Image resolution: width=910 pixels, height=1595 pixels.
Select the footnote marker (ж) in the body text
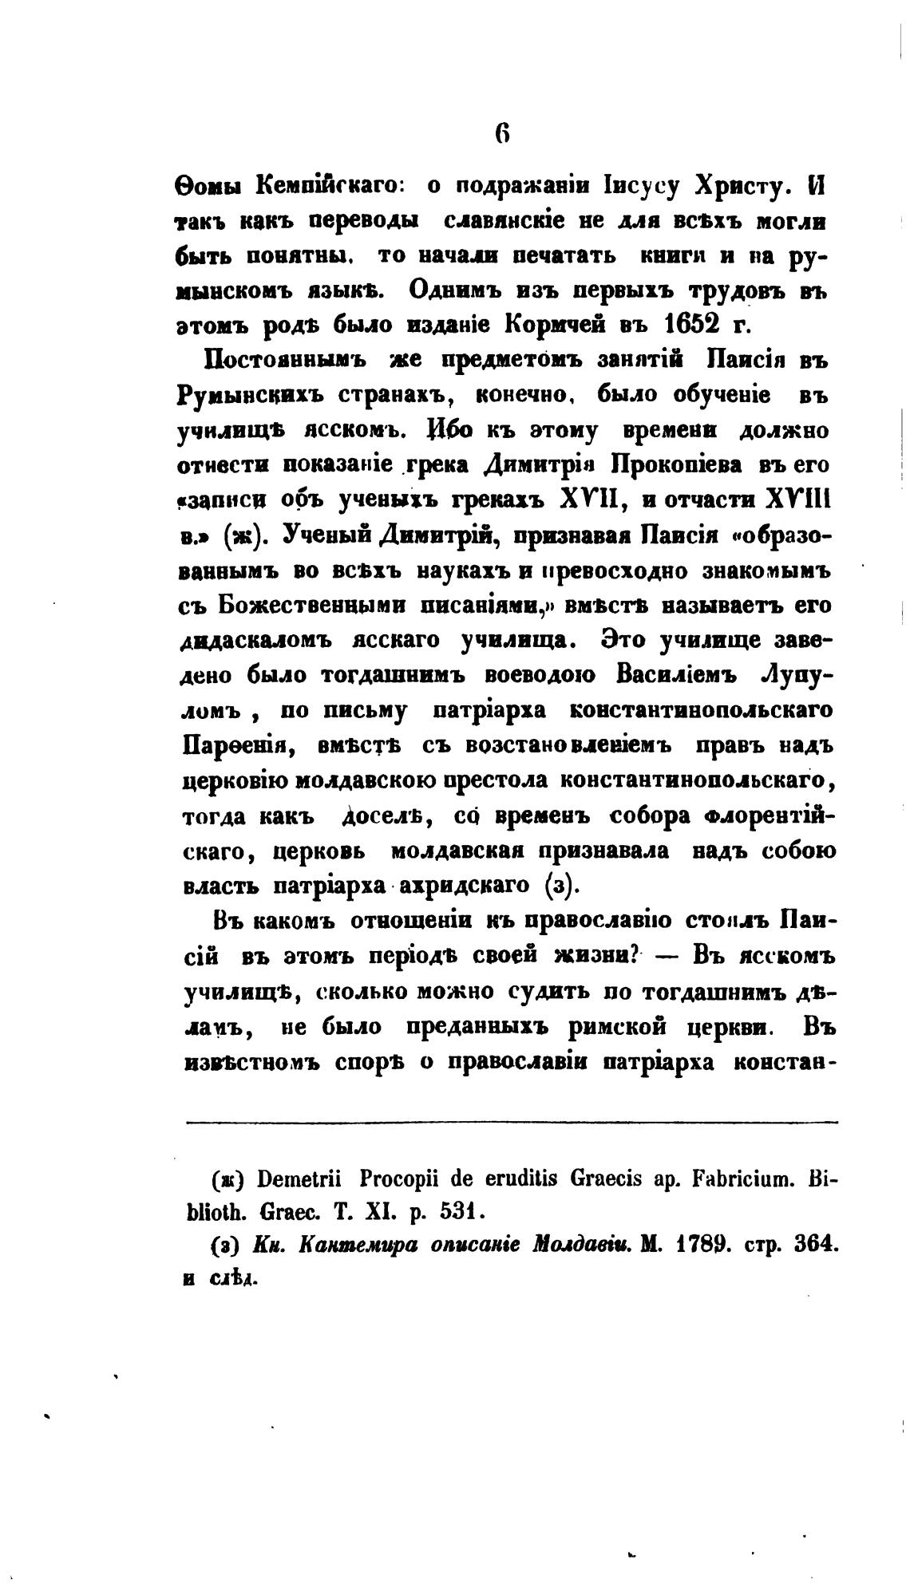click(x=239, y=536)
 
